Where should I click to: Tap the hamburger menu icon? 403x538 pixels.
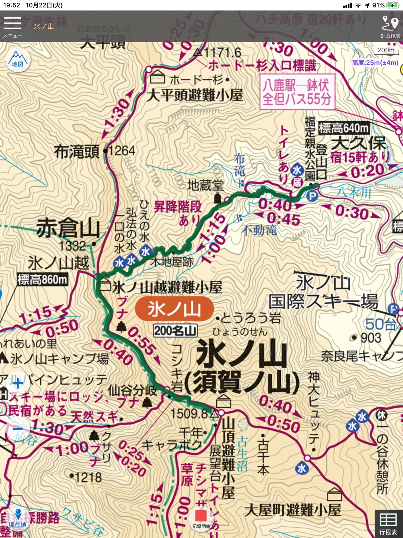pos(13,24)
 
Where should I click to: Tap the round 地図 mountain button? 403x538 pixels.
pos(18,60)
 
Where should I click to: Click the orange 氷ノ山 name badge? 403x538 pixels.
pos(174,309)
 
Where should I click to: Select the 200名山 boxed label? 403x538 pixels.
pos(175,331)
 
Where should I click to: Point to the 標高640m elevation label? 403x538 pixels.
pos(343,128)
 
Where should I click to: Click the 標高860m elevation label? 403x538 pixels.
pos(42,279)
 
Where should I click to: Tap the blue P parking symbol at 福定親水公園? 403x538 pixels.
pos(312,196)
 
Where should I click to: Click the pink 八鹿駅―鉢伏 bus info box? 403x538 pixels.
pos(297,92)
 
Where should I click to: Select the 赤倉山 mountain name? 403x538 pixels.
pos(68,228)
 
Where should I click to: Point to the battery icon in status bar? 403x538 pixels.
pos(393,5)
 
